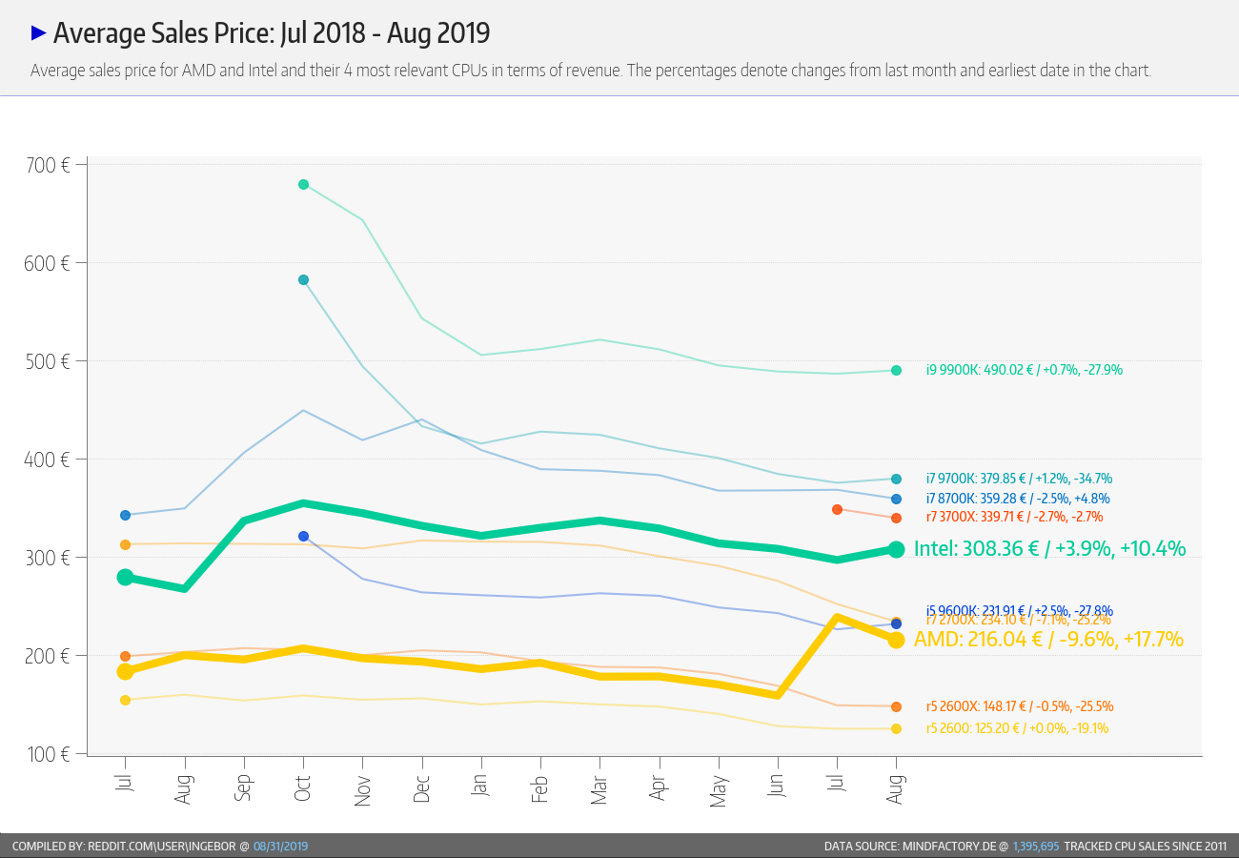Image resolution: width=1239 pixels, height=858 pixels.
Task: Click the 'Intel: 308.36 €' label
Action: (x=1049, y=548)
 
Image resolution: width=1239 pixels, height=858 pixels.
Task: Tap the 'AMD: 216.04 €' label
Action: (x=1048, y=639)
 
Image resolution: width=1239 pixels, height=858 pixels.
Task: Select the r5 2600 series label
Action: (x=1017, y=728)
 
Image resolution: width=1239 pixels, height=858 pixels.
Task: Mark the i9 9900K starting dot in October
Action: (x=303, y=184)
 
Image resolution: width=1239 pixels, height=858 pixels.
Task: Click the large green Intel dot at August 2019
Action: (x=896, y=549)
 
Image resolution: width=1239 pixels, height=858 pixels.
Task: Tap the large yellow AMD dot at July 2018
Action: (x=125, y=672)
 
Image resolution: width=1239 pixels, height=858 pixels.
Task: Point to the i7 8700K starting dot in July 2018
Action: (x=125, y=515)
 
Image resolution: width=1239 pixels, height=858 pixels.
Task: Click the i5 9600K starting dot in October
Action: (x=303, y=536)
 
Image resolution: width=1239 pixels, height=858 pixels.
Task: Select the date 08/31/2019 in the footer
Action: (x=280, y=846)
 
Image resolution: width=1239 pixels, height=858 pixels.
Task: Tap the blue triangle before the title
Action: (x=39, y=33)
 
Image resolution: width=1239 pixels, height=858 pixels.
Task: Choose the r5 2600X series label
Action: (x=1020, y=706)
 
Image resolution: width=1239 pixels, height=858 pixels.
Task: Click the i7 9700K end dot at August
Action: (x=896, y=479)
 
